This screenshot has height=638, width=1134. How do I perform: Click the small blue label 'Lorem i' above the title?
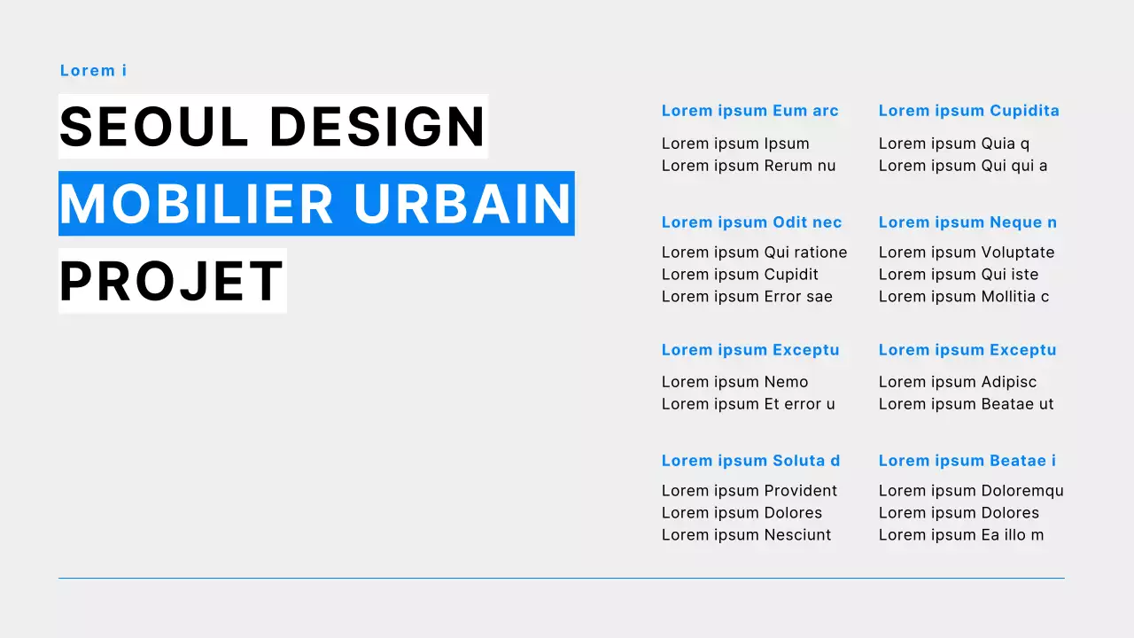[x=93, y=71]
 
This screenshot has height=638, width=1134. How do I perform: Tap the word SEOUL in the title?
[x=154, y=127]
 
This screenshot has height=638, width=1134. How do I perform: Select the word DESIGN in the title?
[x=377, y=127]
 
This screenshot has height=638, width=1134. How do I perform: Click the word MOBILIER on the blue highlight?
[x=197, y=204]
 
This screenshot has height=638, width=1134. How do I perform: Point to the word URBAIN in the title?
[x=462, y=204]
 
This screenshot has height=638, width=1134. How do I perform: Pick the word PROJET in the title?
[x=172, y=281]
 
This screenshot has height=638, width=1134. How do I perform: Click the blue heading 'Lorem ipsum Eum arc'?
[x=750, y=111]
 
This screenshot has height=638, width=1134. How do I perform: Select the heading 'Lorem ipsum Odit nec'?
[x=751, y=222]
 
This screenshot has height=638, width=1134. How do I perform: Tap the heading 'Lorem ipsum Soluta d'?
[x=750, y=461]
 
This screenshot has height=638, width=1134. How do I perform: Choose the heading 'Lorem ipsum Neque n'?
[x=967, y=222]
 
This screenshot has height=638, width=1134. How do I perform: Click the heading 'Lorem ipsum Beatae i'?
[x=967, y=461]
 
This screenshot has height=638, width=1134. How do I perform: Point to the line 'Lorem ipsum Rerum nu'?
[x=749, y=166]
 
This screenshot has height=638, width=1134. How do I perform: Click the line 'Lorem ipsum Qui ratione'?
[x=754, y=253]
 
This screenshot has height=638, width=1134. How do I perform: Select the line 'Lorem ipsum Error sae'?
[x=747, y=297]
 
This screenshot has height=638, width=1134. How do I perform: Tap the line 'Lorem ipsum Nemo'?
[x=734, y=382]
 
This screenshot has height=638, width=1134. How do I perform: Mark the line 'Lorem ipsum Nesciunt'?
[x=746, y=535]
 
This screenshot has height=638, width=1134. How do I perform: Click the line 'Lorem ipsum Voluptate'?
[x=967, y=253]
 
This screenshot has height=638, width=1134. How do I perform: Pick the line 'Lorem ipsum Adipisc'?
[x=957, y=382]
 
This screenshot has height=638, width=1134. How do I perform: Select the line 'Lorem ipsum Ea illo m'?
[x=961, y=535]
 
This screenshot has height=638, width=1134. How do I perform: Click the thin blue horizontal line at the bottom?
[x=561, y=579]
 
